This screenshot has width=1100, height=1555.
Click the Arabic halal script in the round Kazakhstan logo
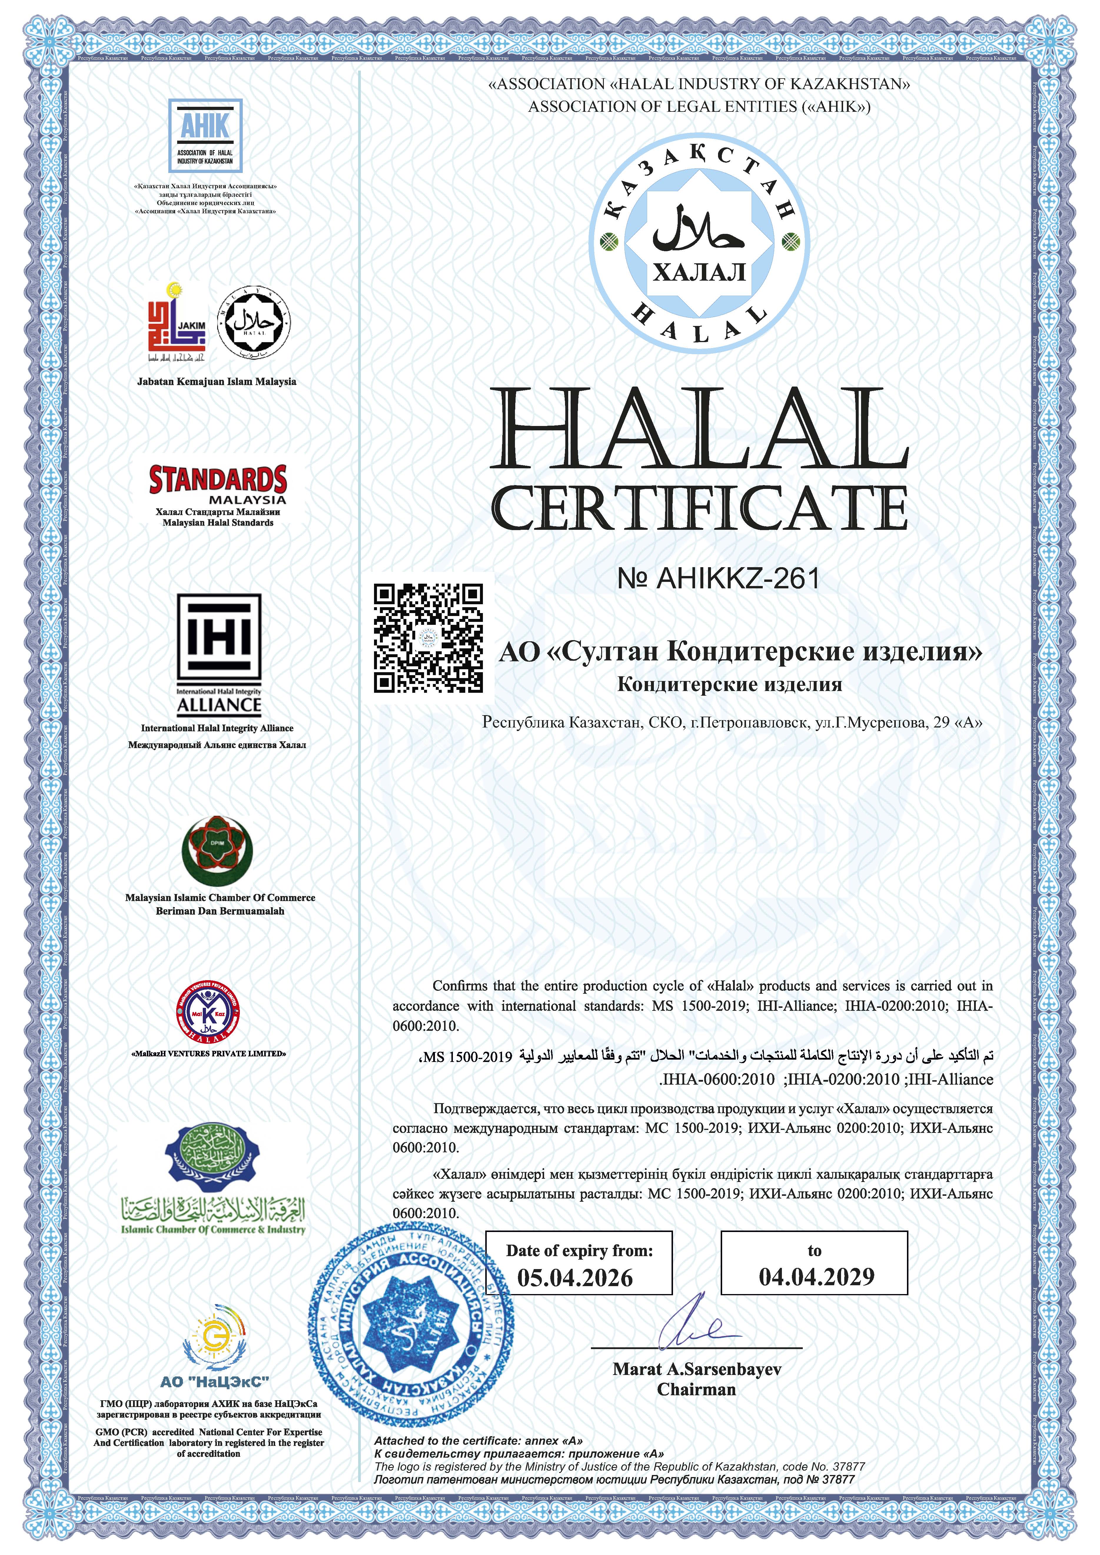click(698, 230)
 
